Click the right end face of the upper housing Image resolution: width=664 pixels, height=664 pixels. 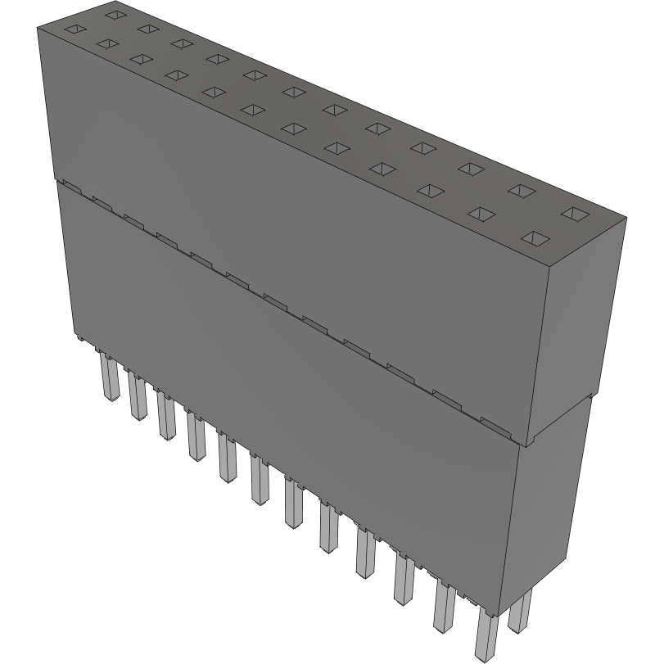tap(577, 327)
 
